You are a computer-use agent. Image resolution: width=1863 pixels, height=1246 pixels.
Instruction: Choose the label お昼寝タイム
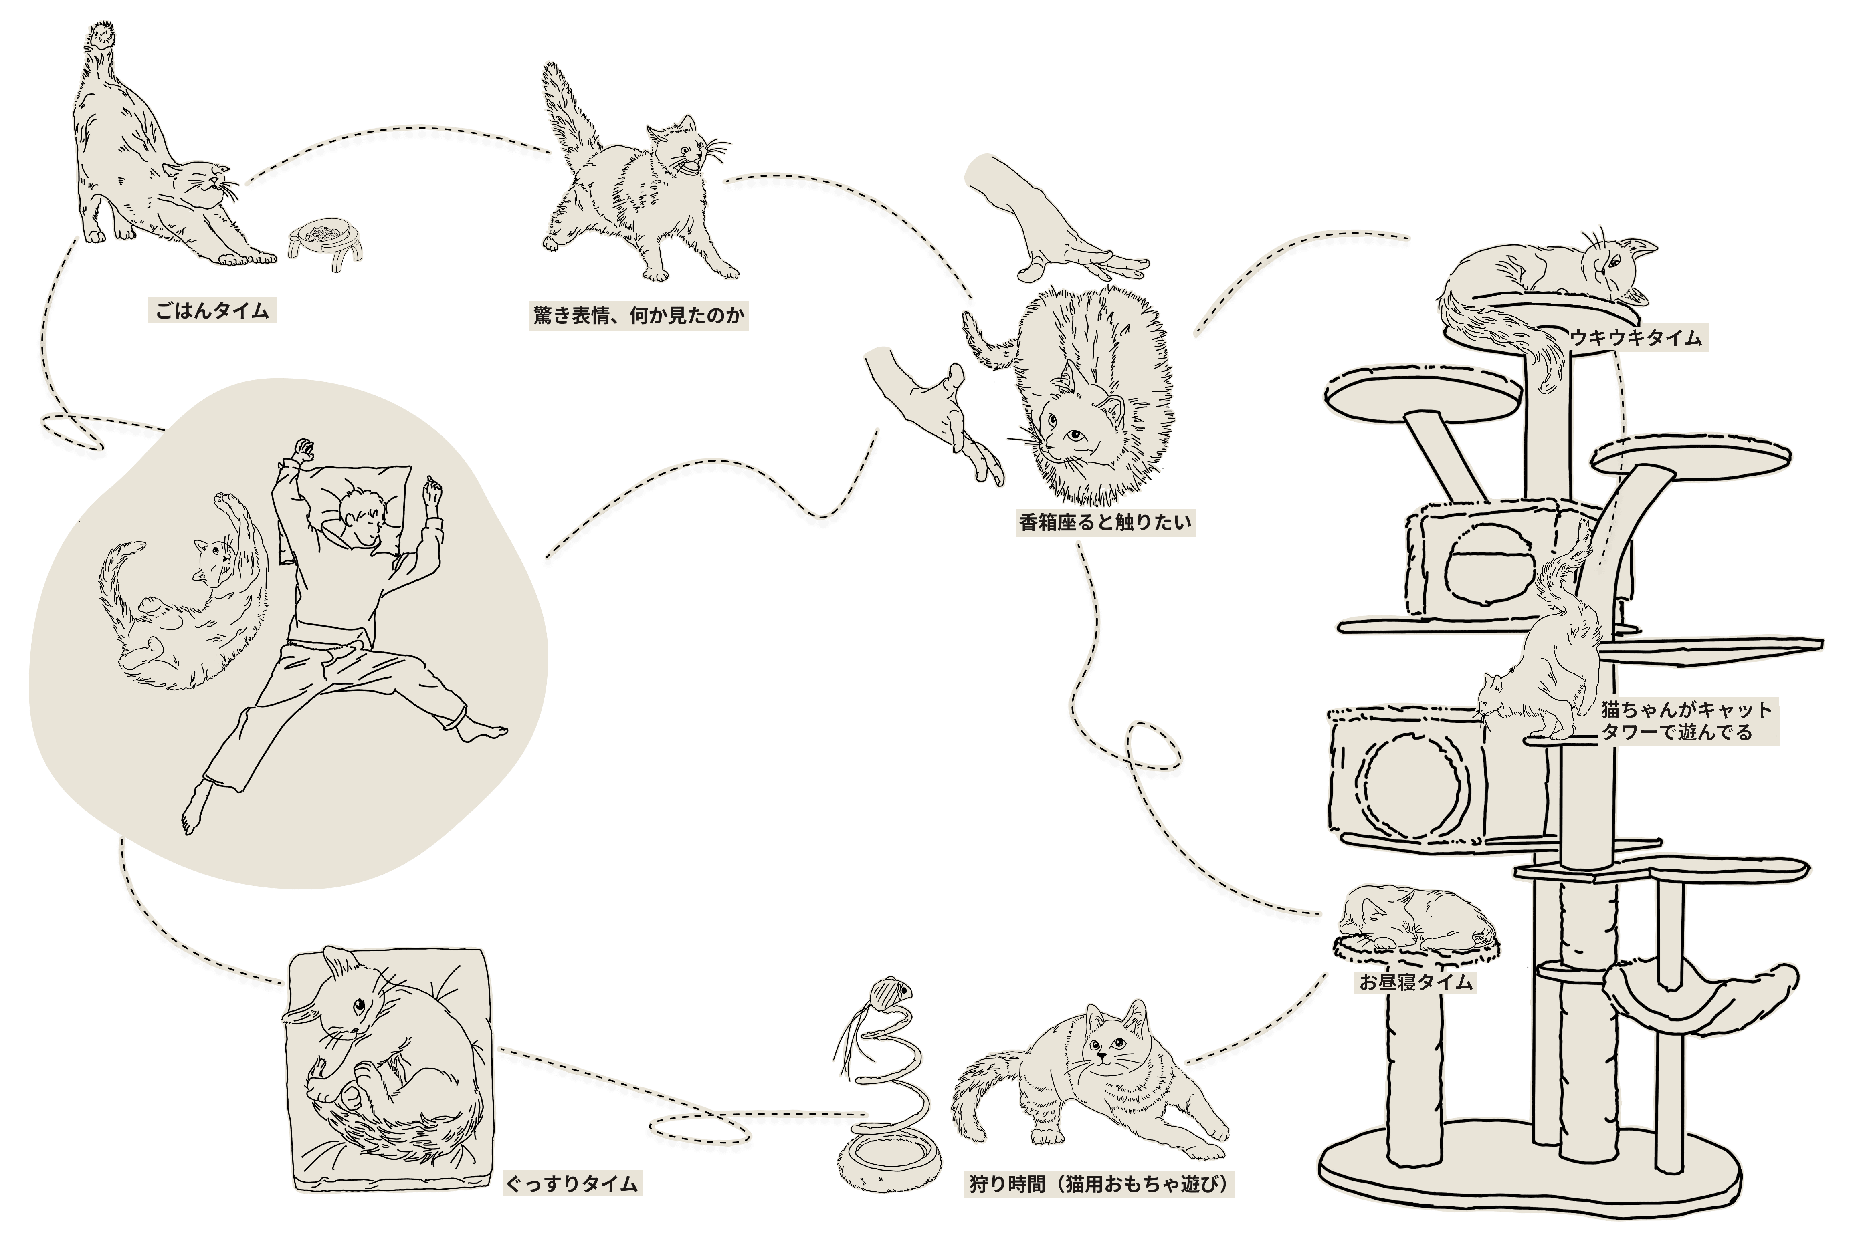tap(1416, 982)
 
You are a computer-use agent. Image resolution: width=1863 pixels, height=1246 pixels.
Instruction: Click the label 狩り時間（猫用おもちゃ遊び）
tap(1098, 1184)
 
